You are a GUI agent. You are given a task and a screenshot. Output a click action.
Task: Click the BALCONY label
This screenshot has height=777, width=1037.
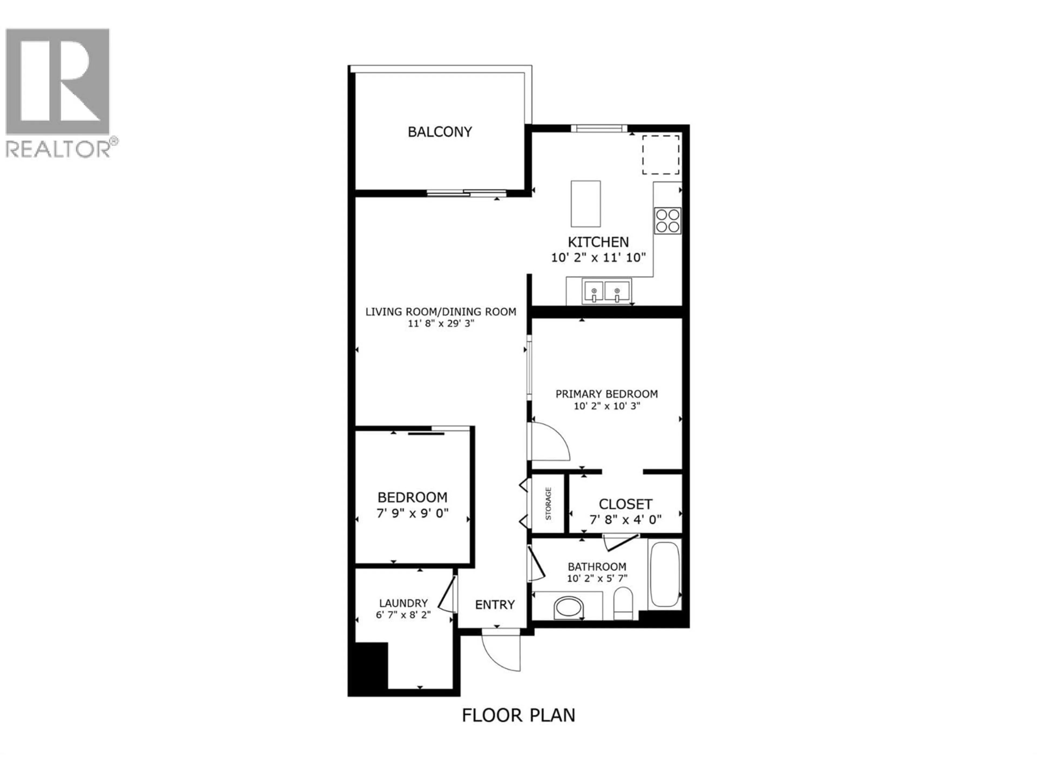(439, 132)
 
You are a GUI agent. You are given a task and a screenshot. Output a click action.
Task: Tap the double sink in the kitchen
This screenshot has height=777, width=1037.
(606, 291)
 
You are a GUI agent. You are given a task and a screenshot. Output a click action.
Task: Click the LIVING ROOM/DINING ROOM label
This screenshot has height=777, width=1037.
(441, 311)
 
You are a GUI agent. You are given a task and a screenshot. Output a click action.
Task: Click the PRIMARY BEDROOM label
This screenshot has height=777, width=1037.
(606, 394)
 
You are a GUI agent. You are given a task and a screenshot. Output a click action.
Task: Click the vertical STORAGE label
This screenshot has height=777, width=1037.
(548, 503)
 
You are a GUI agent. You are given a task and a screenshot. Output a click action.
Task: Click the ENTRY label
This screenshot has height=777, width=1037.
(494, 605)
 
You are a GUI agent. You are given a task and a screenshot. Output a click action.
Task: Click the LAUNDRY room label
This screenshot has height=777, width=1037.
(403, 603)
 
